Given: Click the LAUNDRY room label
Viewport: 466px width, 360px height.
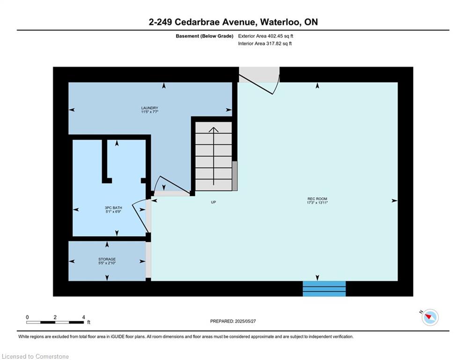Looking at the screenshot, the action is point(149,108).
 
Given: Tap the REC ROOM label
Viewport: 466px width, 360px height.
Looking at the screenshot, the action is point(317,199).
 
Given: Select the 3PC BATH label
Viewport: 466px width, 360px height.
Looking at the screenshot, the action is point(113,208).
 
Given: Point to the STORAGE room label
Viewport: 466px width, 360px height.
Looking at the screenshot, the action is point(107,259).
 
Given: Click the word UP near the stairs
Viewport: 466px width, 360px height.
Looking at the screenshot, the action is point(214,202).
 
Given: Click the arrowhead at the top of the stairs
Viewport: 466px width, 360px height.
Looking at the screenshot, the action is point(214,129).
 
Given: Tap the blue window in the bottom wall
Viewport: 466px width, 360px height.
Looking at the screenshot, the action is point(324,289).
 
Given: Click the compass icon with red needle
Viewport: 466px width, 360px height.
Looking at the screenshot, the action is point(430,317).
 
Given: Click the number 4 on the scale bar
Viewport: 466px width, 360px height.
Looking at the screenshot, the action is point(83,317).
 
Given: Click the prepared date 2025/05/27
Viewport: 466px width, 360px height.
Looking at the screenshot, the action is point(245,321).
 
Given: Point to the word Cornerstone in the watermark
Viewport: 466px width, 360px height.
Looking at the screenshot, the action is point(52,356).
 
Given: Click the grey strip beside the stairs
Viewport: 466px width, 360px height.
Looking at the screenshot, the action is point(235,176).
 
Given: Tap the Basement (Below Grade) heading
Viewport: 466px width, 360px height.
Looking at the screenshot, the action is point(205,36).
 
